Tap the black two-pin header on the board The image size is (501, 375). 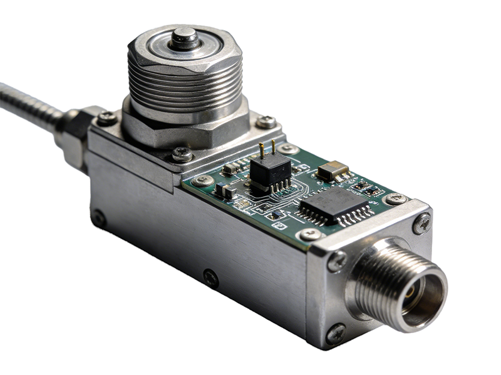[x=271, y=169]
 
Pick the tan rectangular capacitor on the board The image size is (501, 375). [x=333, y=170]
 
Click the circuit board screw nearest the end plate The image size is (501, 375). [x=310, y=234]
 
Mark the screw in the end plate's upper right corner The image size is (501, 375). [x=421, y=224]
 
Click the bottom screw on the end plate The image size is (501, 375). [x=336, y=333]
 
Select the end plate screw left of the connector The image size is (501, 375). [x=336, y=261]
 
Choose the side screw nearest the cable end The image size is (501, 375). [x=98, y=218]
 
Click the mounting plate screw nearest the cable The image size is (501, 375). [x=106, y=118]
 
